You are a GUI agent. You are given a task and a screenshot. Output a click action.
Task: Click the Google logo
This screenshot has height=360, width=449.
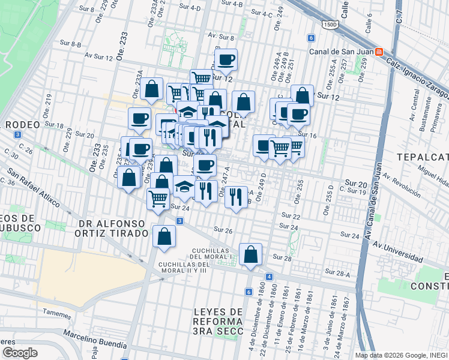(20, 352)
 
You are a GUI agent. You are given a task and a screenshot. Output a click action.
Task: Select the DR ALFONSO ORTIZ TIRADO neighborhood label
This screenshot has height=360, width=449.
(112, 228)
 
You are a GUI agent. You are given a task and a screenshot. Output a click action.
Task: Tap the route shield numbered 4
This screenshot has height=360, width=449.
(270, 277)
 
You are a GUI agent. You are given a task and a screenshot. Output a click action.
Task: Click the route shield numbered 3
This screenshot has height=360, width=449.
(179, 221)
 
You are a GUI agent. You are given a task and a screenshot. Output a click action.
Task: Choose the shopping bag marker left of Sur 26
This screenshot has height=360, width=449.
(164, 236)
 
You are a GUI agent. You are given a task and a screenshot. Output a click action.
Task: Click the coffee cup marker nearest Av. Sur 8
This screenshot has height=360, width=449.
(226, 59)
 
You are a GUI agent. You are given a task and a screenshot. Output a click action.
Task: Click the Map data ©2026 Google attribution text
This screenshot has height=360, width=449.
(400, 355)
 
